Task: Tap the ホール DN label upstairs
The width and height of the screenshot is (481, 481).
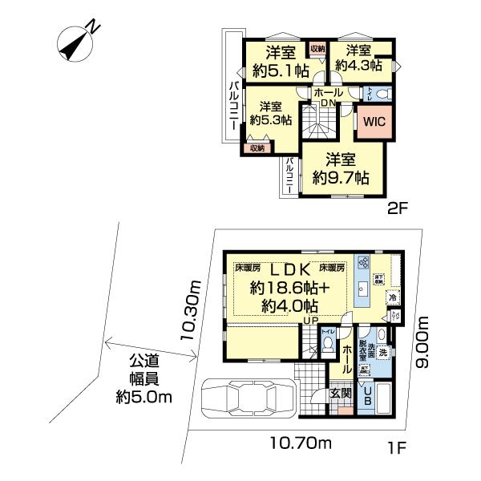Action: (329, 96)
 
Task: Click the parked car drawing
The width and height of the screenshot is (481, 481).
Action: (246, 398)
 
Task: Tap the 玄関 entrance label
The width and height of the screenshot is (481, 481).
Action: (341, 394)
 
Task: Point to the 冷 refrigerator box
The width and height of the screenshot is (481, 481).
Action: (392, 297)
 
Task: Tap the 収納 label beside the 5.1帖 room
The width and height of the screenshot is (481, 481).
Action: (317, 49)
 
